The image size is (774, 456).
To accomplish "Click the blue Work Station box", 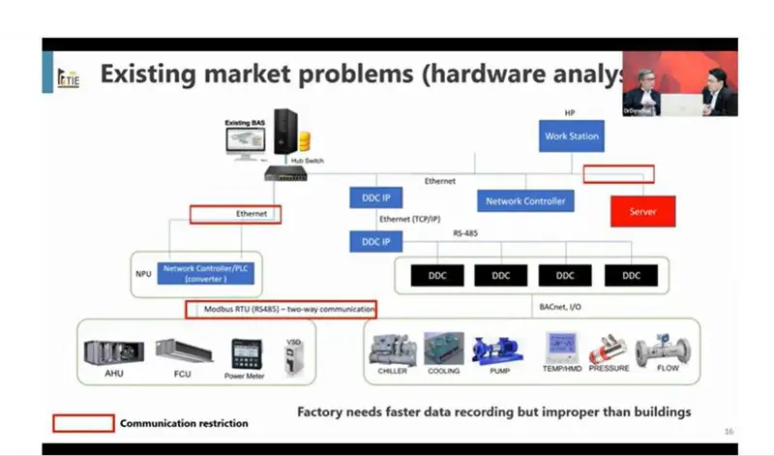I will coord(571,137).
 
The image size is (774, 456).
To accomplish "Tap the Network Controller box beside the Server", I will coord(524,201).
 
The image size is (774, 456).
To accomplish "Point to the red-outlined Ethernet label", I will coord(235,214).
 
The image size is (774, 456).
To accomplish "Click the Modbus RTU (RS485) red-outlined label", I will coord(281,310).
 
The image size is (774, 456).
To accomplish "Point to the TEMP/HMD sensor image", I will coord(560,347).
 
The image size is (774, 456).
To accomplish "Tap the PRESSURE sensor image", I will coord(609,349).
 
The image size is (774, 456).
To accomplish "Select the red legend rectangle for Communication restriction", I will coord(82,423).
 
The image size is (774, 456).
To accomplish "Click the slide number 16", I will coord(728,431).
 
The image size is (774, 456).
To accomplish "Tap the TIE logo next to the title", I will coord(68,76).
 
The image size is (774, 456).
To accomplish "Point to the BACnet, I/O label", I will coord(560,306).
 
